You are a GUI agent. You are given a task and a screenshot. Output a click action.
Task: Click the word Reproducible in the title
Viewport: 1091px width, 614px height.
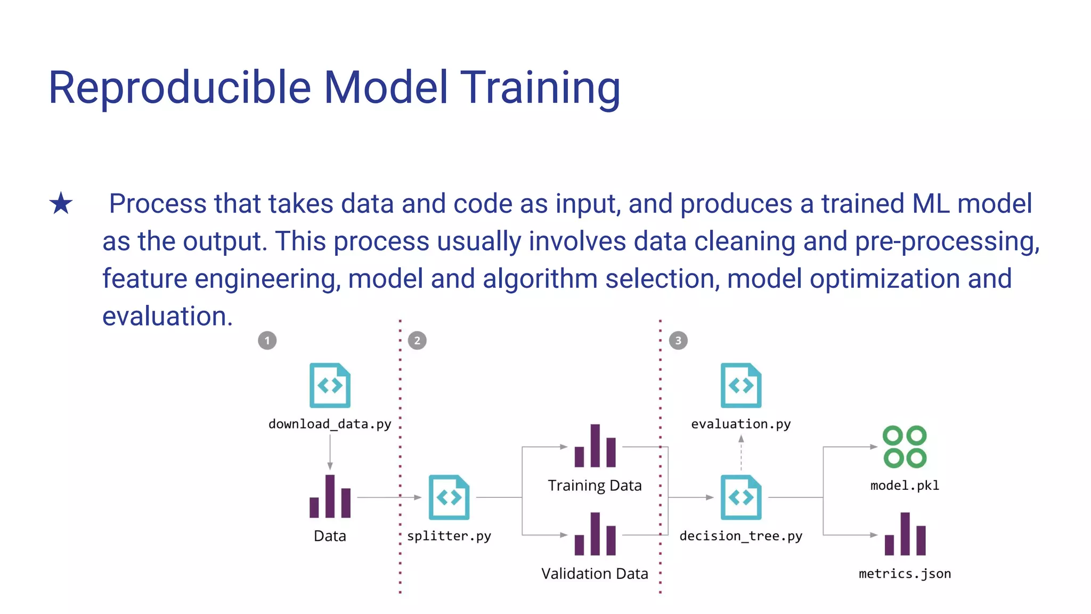point(180,88)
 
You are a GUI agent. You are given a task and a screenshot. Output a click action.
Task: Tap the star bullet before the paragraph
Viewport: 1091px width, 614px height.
point(61,204)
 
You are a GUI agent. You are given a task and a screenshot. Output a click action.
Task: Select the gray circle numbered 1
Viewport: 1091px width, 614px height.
point(267,341)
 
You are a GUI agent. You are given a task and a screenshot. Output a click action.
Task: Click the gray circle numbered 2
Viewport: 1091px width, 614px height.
point(417,341)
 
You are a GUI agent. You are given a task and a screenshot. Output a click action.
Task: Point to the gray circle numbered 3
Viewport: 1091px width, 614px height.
point(678,341)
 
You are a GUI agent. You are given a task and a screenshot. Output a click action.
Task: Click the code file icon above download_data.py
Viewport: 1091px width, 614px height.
point(330,385)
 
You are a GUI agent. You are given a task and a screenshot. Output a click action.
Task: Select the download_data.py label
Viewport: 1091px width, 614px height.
point(330,424)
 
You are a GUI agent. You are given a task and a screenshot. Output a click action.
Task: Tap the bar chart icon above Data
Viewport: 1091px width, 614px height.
point(330,497)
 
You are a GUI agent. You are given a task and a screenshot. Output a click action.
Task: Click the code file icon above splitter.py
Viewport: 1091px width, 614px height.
point(449,497)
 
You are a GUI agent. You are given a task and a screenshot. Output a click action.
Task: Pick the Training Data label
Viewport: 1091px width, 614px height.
point(595,486)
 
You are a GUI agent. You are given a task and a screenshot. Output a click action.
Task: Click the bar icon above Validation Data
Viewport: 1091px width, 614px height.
point(595,534)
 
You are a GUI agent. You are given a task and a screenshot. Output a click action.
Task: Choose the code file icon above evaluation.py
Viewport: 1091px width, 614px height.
point(740,385)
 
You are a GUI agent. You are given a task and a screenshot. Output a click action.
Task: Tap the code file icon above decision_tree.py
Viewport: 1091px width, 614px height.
point(740,497)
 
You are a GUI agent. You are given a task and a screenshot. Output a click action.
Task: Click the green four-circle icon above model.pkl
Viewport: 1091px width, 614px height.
point(905,447)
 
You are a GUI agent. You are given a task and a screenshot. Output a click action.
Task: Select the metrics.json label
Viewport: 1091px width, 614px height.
point(905,574)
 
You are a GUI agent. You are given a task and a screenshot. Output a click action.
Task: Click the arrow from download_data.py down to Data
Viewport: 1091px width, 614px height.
point(330,452)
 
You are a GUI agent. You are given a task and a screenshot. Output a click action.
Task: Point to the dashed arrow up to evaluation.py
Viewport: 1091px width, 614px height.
point(741,453)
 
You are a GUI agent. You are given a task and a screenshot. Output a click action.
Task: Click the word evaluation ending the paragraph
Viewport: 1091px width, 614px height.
point(166,316)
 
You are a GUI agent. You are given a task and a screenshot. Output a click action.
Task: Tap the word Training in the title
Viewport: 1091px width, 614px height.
point(540,88)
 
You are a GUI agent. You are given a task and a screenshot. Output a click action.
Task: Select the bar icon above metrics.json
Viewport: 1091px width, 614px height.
point(905,534)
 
